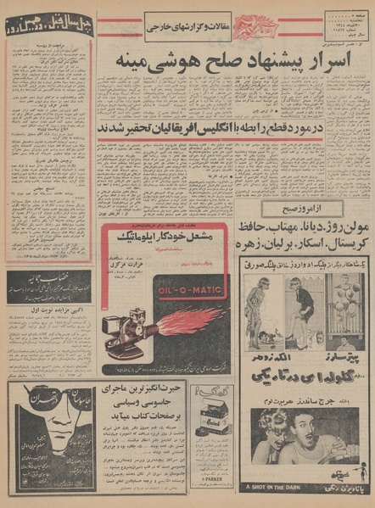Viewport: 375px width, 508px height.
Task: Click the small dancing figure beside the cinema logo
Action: point(355,486)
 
